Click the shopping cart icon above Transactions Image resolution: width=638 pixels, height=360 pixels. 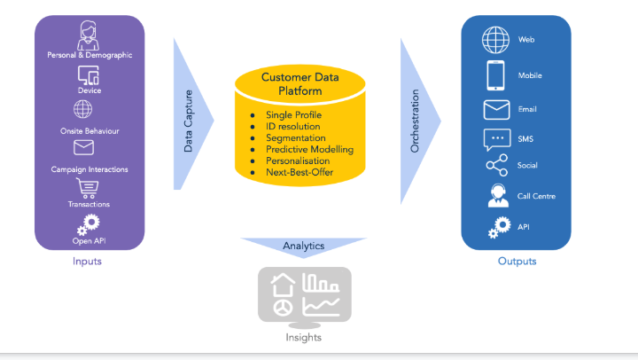pos(88,188)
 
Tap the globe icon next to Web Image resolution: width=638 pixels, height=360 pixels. pos(494,40)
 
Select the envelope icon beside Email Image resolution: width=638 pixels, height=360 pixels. pos(496,110)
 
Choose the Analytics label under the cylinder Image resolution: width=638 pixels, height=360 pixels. pos(303,246)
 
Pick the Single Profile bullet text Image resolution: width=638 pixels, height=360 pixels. pos(293,115)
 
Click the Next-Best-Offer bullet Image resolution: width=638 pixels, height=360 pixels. pos(300,172)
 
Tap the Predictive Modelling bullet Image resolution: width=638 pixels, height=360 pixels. pos(309,150)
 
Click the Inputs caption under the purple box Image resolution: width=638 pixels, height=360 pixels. pos(87,261)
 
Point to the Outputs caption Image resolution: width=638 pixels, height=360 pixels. pos(517,261)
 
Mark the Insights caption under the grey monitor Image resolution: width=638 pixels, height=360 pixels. pos(303,337)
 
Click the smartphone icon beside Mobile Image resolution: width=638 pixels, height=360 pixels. pos(495,74)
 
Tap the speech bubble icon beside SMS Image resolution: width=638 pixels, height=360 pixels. pos(496,139)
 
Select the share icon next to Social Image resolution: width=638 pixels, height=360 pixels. pos(496,166)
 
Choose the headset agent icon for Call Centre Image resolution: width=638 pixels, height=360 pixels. pos(497,196)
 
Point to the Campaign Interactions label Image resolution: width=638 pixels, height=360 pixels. pos(89,168)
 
